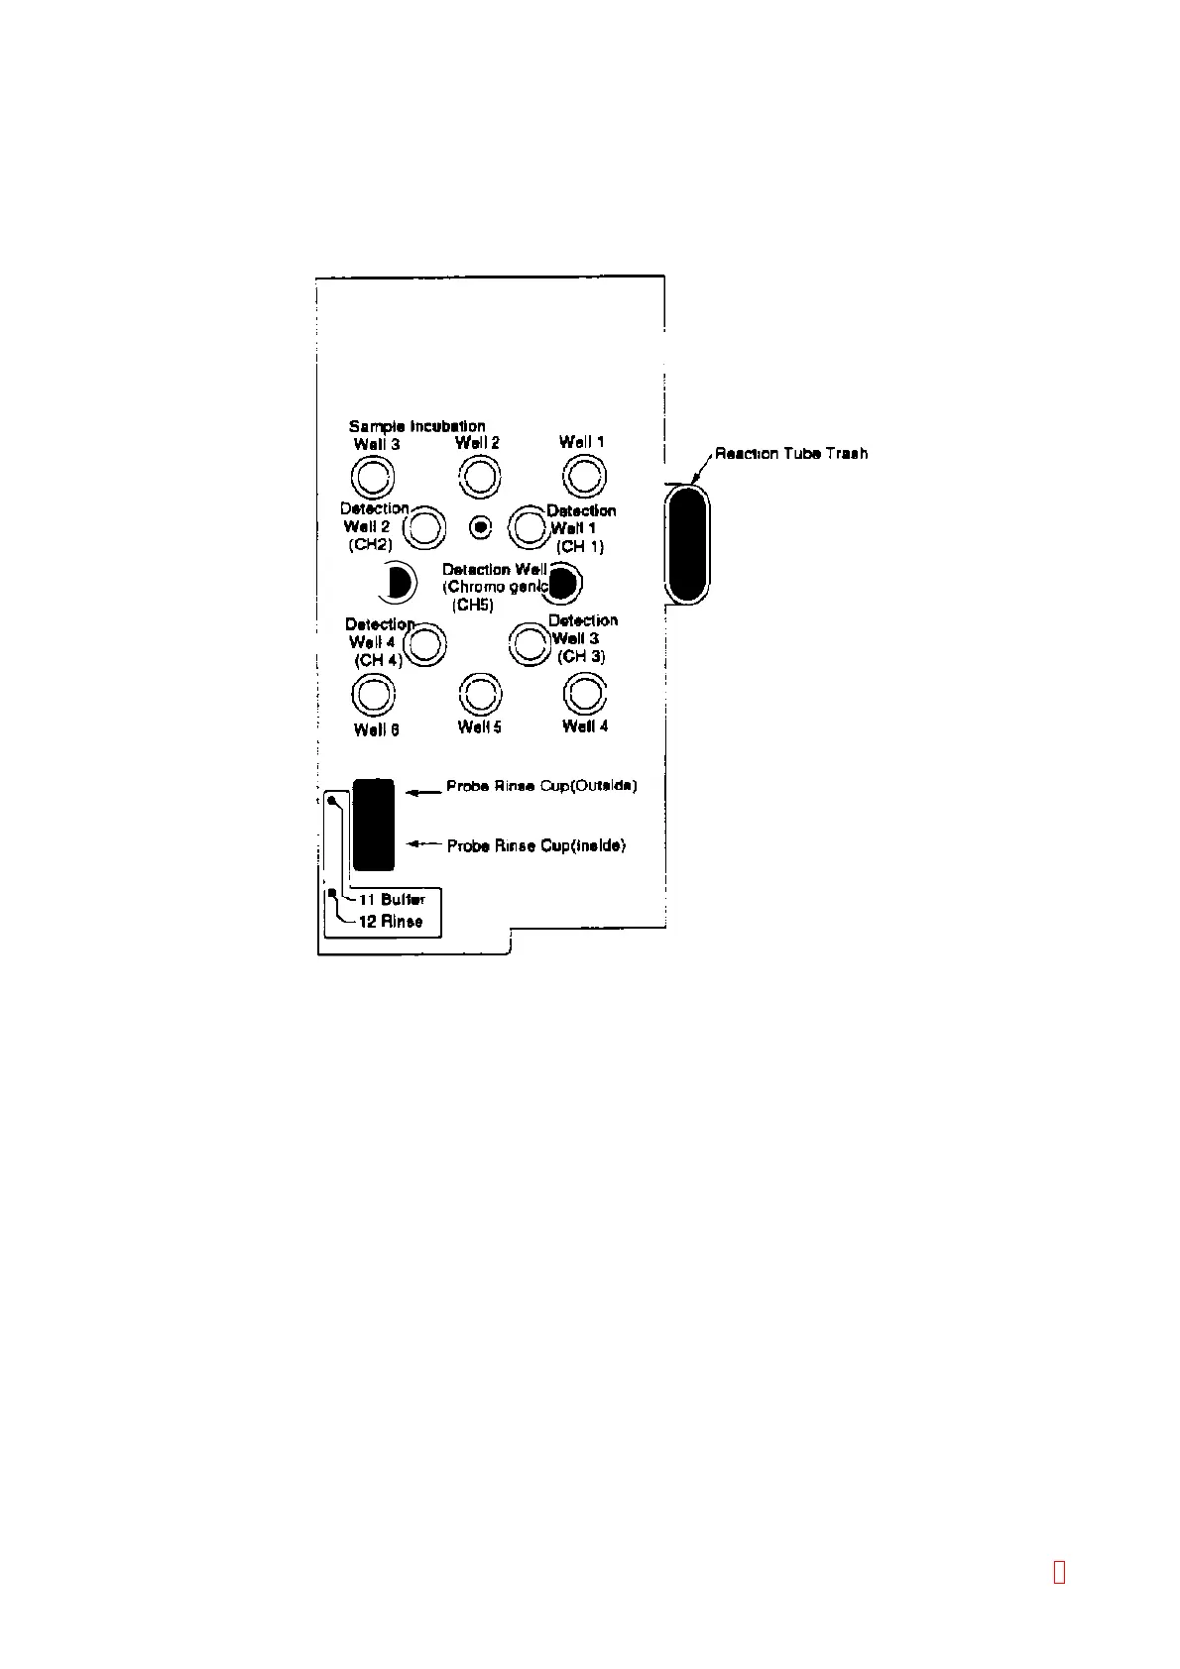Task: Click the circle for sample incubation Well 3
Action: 374,478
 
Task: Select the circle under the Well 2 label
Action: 479,477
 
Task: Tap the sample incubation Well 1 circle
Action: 584,477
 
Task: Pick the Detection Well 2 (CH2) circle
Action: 425,527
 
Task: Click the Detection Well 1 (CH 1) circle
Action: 530,527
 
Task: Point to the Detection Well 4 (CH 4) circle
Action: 424,644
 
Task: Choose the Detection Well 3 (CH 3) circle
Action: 531,643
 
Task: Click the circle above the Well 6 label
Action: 374,694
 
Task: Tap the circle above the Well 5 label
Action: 480,693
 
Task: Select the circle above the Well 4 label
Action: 584,693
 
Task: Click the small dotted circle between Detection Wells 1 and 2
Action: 480,527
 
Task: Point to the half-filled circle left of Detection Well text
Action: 395,583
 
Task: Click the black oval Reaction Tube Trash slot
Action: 686,542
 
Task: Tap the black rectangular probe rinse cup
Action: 374,825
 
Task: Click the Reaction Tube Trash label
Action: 791,453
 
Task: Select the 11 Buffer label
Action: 391,900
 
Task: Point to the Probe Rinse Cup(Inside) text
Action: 536,846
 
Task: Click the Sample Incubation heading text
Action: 416,426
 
